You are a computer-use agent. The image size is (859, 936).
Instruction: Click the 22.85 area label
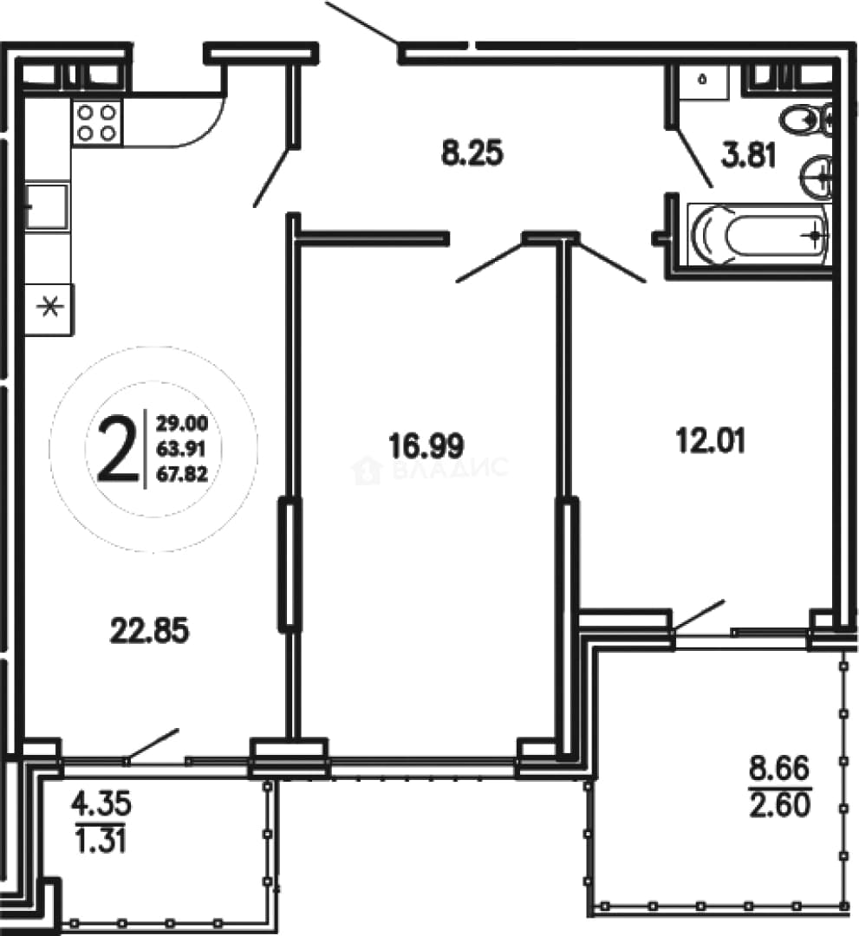150,630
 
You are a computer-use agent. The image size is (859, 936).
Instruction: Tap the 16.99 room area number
426,446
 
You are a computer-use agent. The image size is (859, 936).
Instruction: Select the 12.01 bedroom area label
711,442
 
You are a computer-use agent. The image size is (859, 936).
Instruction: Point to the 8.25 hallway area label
472,153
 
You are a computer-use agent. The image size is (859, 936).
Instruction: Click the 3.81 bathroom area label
749,156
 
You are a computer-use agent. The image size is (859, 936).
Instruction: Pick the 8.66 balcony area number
779,768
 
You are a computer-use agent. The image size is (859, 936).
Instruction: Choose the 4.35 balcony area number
101,803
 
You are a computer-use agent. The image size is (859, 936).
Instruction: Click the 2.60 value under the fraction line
779,804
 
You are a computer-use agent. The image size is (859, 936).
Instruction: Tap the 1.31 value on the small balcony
100,841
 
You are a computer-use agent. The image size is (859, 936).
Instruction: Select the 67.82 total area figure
182,474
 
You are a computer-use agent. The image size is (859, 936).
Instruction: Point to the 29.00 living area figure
182,424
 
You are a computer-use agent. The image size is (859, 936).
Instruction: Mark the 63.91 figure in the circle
181,449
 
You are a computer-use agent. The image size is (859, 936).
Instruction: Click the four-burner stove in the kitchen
97,122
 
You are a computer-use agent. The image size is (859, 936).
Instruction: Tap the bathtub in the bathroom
759,235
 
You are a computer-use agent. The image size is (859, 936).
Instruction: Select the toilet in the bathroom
805,120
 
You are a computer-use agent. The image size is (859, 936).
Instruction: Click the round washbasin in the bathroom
815,176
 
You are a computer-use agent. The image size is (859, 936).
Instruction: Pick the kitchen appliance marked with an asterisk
49,309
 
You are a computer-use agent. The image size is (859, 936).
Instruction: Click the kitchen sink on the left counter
46,206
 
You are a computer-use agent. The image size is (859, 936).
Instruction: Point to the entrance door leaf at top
362,23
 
